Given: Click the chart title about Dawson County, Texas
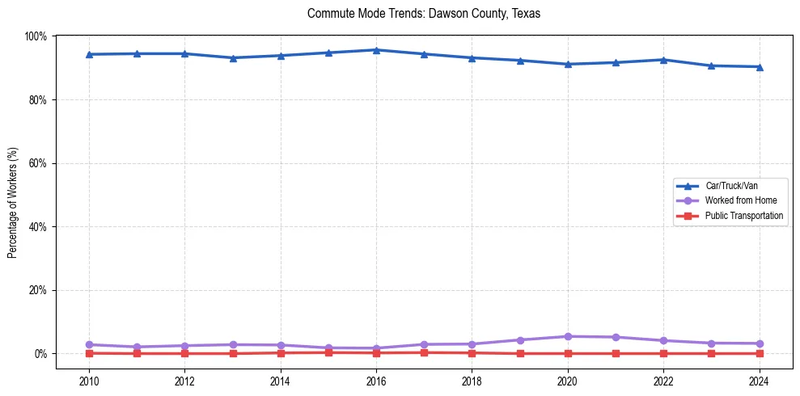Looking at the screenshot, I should click(x=423, y=14).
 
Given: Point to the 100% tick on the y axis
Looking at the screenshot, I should click(x=36, y=36).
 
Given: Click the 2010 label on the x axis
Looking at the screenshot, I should click(x=89, y=381).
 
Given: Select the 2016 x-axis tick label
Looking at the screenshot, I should click(x=376, y=381).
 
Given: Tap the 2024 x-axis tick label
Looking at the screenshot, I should click(x=759, y=381).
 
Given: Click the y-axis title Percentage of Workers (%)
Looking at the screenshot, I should click(x=13, y=203).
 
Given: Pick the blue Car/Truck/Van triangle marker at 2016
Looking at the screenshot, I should click(x=376, y=50).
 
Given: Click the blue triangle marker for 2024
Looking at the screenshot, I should click(x=759, y=67).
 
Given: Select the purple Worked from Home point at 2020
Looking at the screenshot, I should click(x=568, y=336).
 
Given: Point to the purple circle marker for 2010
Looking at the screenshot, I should click(x=89, y=344).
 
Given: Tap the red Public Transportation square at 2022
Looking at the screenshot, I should click(x=663, y=353).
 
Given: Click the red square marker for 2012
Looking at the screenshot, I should click(x=185, y=353).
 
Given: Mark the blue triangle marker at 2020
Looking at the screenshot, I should click(x=568, y=64).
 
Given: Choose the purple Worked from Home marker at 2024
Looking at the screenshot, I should click(x=759, y=343).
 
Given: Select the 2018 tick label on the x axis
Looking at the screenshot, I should click(x=472, y=381).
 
